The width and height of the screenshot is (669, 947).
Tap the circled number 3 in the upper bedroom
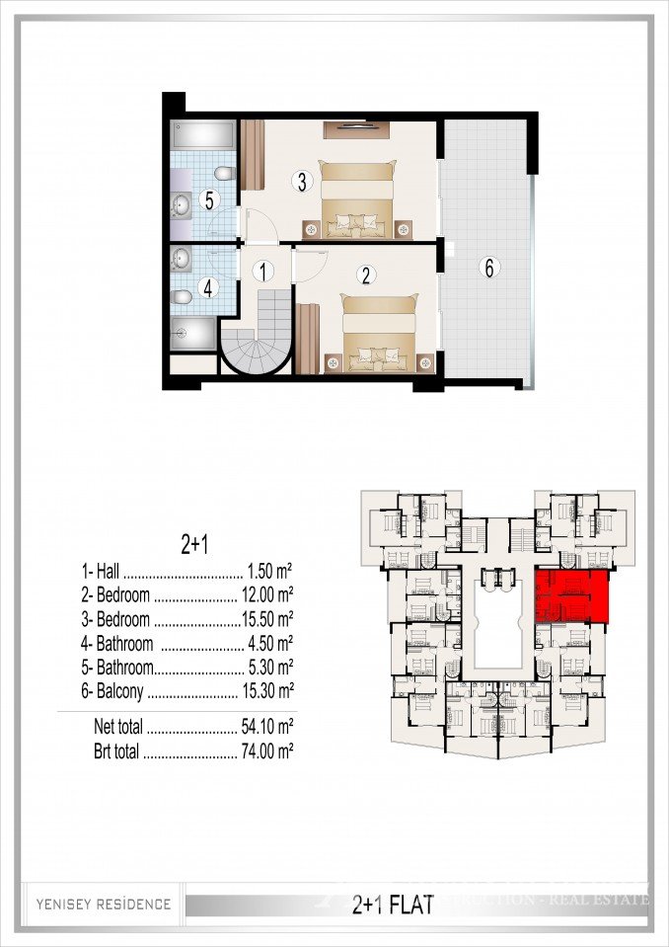tap(303, 181)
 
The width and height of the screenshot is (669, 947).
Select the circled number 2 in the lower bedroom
tap(365, 276)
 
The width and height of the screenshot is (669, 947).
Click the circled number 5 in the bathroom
tap(208, 199)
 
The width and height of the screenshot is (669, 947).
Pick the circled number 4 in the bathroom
tap(207, 289)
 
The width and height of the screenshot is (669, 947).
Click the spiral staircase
tap(257, 342)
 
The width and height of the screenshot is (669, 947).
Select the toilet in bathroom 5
tap(224, 176)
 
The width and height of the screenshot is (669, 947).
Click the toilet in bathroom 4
tap(183, 297)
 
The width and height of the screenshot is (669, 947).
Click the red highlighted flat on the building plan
tap(571, 595)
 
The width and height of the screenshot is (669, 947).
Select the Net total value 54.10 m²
tap(267, 727)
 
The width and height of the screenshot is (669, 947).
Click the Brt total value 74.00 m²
tap(267, 751)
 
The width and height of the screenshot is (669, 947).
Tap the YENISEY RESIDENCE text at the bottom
tap(104, 904)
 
